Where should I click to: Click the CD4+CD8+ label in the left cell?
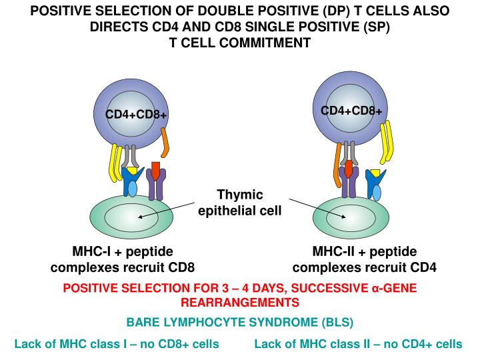click(135, 115)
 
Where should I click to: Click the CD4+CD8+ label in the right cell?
click(351, 110)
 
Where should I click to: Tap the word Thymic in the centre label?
click(240, 195)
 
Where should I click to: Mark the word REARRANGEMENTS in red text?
click(239, 302)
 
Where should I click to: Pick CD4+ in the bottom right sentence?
click(399, 344)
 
